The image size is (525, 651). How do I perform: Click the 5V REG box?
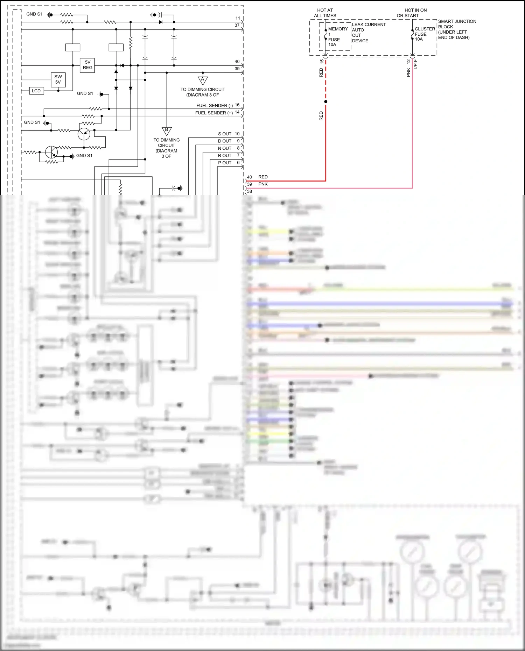pyautogui.click(x=87, y=65)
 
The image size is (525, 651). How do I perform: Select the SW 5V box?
pyautogui.click(x=58, y=79)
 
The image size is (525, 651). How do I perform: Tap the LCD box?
pyautogui.click(x=36, y=91)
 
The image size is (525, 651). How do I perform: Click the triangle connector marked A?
pyautogui.click(x=203, y=80)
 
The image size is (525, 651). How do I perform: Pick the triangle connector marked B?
pyautogui.click(x=167, y=131)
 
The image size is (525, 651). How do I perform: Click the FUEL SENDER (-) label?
pyautogui.click(x=214, y=106)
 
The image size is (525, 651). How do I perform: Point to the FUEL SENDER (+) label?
pyautogui.click(x=214, y=113)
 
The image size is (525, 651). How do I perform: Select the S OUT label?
pyautogui.click(x=225, y=134)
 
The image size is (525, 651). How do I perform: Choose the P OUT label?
pyautogui.click(x=225, y=163)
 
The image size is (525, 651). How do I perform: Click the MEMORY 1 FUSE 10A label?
pyautogui.click(x=337, y=37)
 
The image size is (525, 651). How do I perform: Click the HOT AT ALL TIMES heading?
pyautogui.click(x=325, y=13)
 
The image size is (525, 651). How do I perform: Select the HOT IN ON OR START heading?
pyautogui.click(x=412, y=13)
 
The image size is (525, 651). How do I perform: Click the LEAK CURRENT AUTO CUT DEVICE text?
pyautogui.click(x=368, y=33)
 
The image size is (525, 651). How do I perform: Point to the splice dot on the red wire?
pyautogui.click(x=326, y=102)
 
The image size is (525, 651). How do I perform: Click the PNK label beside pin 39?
pyautogui.click(x=263, y=184)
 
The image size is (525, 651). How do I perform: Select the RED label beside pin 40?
pyautogui.click(x=263, y=177)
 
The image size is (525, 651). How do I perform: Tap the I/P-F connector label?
pyautogui.click(x=416, y=64)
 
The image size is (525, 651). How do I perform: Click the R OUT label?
pyautogui.click(x=225, y=156)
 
